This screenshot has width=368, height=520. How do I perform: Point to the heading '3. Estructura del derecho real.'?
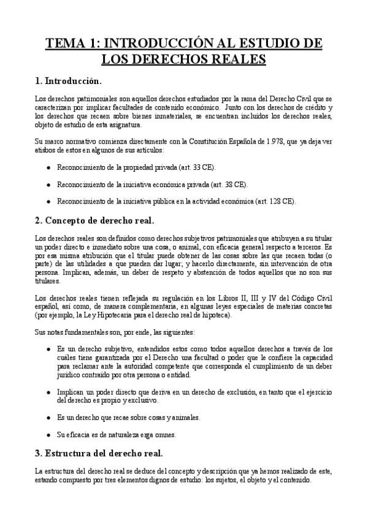[99, 454]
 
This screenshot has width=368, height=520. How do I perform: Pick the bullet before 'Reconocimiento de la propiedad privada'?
[48, 167]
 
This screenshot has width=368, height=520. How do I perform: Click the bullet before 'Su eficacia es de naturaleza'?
[48, 435]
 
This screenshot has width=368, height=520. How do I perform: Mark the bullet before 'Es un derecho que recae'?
[48, 418]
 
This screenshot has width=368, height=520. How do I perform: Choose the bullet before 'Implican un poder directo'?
[48, 391]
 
